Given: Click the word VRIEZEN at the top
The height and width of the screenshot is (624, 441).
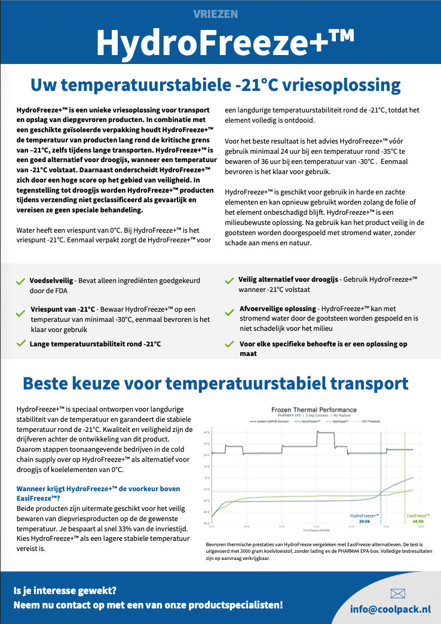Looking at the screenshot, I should click(220, 13).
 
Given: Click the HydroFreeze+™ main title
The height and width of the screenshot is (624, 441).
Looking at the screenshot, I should click(220, 42).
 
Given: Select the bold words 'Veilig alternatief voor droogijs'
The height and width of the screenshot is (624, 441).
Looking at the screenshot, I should click(288, 279).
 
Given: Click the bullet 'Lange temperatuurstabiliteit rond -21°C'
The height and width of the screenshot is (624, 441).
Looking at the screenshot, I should click(96, 344).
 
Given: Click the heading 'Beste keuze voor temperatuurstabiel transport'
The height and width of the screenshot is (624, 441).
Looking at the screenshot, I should click(215, 383).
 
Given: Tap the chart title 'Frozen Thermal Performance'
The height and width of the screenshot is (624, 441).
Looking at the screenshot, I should click(314, 410).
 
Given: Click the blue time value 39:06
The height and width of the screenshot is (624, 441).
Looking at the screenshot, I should click(365, 521).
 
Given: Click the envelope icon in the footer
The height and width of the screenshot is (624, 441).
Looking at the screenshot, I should click(397, 593).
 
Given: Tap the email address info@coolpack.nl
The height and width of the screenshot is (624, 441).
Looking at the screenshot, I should click(390, 609).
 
